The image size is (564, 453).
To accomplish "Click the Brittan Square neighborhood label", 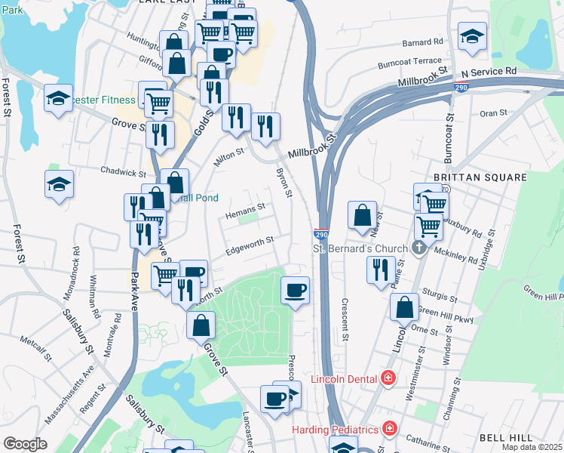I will pos(480,177).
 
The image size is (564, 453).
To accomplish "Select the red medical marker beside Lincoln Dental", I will pos(388,377).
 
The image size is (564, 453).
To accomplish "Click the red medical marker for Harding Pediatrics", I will pos(389,429).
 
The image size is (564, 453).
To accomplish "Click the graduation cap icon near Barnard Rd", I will pos(472,36).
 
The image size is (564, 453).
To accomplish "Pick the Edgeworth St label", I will pos(250,241).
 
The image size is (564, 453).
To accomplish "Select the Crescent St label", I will pos(345,317).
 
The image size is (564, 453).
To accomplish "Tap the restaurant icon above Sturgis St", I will pos(380,270).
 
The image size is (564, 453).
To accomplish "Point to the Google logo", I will pos(25,444).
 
